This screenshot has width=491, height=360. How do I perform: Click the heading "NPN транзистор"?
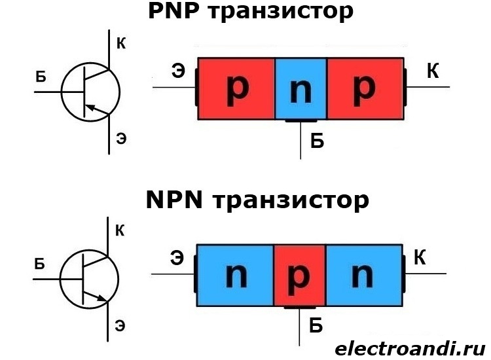(x=257, y=200)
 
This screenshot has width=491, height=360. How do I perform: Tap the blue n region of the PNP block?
(x=300, y=89)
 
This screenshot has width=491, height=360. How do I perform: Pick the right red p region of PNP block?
(x=365, y=89)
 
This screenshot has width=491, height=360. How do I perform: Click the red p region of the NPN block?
(x=299, y=276)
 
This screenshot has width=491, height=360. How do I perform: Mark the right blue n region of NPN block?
(x=363, y=276)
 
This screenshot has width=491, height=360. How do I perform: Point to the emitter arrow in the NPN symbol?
(x=101, y=299)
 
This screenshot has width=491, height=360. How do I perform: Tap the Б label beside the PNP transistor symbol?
(x=41, y=78)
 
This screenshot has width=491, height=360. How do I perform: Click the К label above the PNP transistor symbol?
(x=121, y=45)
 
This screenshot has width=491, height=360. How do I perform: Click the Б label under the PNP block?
(x=317, y=141)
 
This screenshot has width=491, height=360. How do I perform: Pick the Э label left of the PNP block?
(x=177, y=71)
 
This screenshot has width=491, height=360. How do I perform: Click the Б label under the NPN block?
(x=316, y=326)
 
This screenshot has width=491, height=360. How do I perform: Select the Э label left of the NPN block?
(x=177, y=259)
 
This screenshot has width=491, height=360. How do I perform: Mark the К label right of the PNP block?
(x=432, y=71)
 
